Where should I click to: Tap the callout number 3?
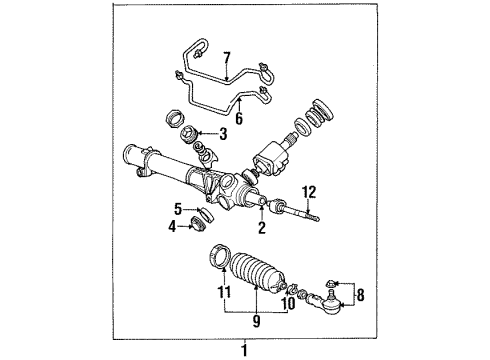[x=223, y=133]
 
